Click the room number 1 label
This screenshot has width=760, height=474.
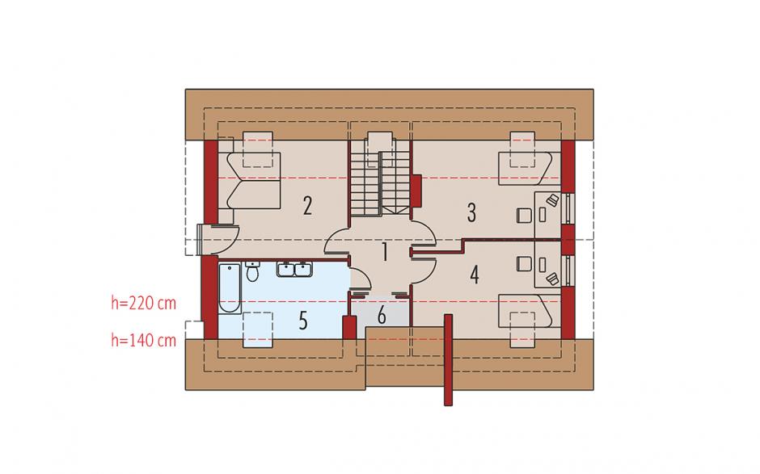click(385, 252)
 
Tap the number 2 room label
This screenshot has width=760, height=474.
click(307, 206)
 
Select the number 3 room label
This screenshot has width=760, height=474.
click(471, 212)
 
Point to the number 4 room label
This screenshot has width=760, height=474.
click(474, 274)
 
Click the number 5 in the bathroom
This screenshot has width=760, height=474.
click(303, 321)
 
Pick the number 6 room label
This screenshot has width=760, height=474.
click(382, 316)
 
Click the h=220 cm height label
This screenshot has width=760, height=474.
click(143, 304)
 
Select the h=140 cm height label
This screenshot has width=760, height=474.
click(143, 341)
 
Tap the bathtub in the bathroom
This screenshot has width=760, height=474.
click(230, 288)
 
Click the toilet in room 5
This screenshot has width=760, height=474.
click(252, 271)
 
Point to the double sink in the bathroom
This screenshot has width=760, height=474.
click(294, 269)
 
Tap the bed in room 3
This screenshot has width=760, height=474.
click(526, 169)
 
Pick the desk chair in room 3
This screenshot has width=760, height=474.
click(523, 215)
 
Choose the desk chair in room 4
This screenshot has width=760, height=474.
click(523, 264)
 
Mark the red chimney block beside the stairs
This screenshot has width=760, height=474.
click(416, 190)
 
